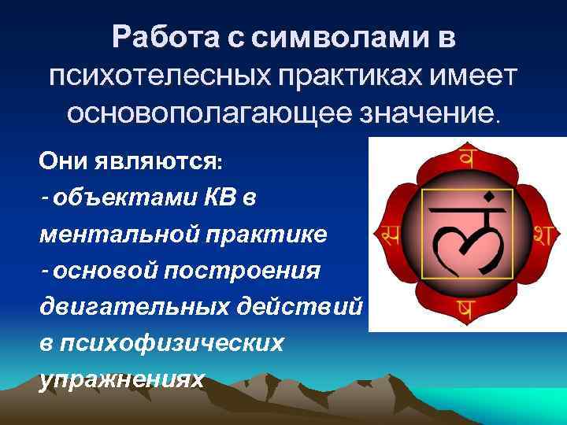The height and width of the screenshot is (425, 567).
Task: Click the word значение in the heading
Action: coord(425,115)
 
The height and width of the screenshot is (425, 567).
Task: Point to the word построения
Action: coord(236,271)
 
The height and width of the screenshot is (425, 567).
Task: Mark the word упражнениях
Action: coord(121,379)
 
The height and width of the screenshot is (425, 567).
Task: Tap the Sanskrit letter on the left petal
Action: coord(387,232)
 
